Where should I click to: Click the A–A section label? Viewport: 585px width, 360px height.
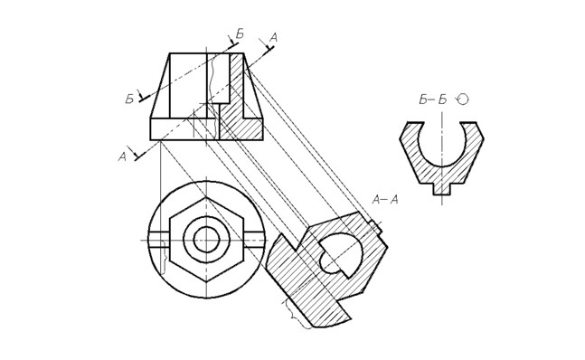385,200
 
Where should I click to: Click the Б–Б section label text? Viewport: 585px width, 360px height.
433,99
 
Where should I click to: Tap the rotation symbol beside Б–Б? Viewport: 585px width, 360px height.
463,99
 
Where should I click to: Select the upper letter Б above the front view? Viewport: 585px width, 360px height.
240,34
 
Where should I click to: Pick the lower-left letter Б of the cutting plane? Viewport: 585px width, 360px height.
129,99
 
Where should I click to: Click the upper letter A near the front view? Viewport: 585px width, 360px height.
273,37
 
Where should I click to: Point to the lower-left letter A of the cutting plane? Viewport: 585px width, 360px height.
122,157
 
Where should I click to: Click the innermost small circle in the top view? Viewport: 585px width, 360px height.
206,241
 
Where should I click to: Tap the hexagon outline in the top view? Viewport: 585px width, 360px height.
170,241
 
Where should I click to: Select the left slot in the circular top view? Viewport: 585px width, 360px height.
160,240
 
